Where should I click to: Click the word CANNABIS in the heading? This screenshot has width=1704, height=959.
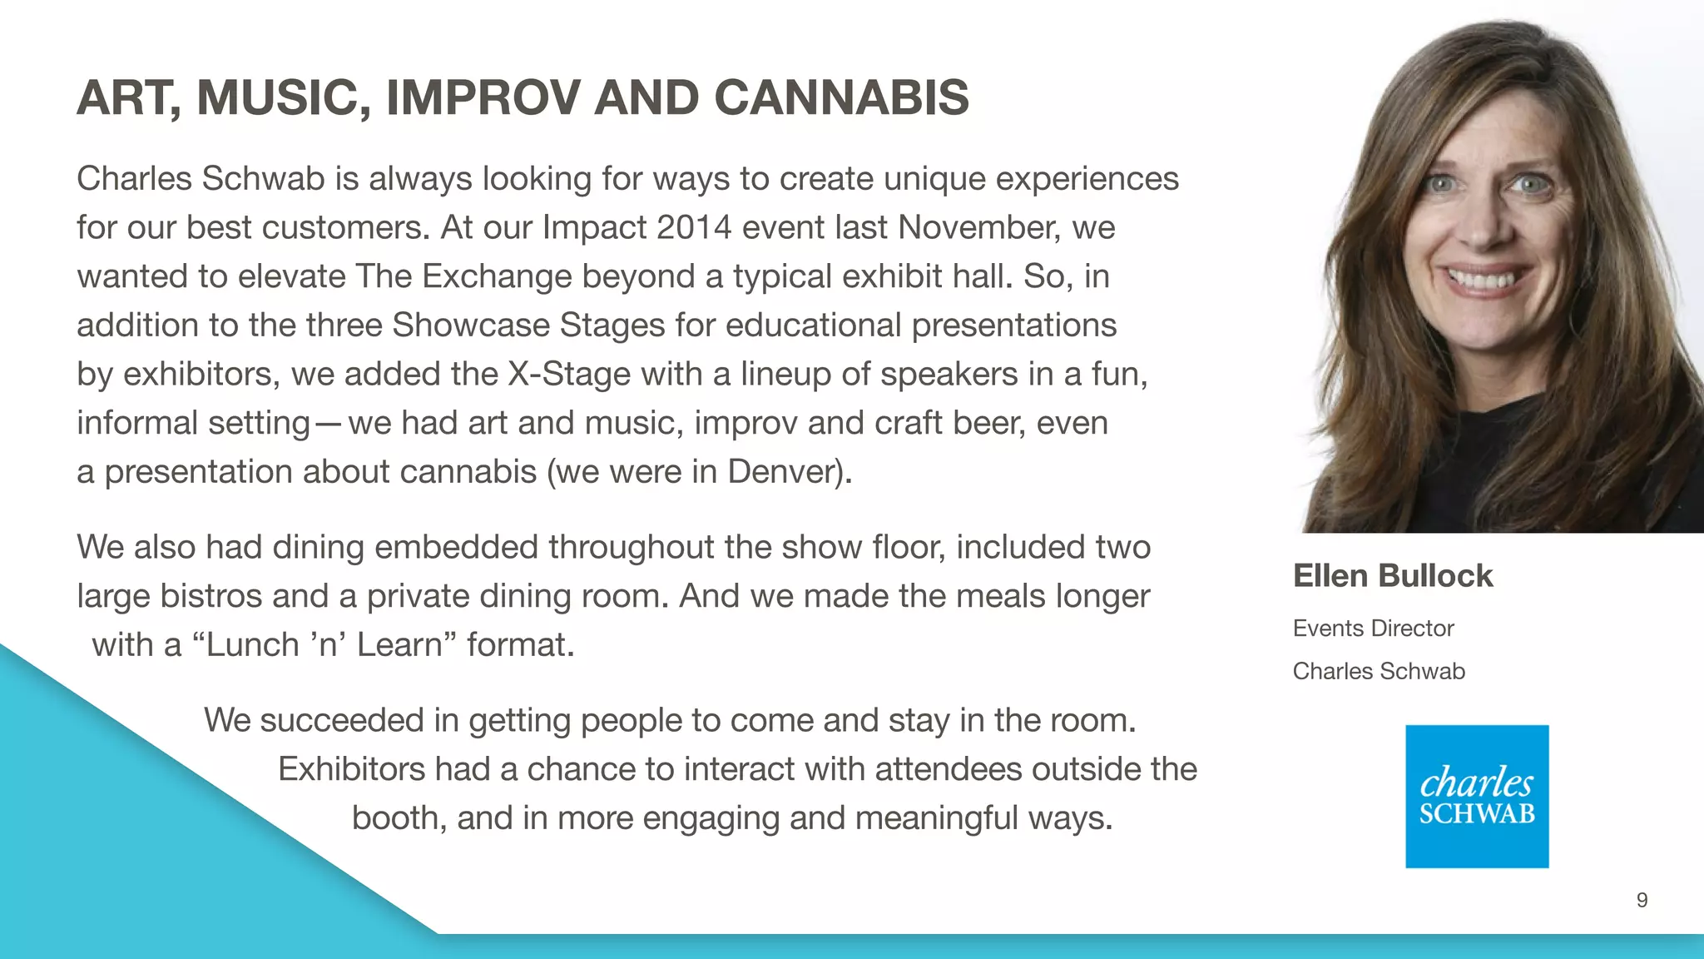point(841,97)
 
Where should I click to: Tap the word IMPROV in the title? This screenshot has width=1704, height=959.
point(483,97)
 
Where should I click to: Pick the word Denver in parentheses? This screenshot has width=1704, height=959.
point(784,472)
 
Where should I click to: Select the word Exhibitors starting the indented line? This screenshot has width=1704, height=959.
point(350,769)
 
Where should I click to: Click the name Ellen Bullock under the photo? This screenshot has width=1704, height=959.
point(1392,576)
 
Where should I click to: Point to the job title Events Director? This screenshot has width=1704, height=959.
point(1373,629)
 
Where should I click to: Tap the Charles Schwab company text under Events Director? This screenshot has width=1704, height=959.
point(1378,671)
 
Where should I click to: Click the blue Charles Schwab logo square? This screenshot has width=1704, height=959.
point(1476,797)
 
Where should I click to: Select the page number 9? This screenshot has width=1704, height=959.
point(1642,900)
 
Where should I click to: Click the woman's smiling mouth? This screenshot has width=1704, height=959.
point(1489,278)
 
